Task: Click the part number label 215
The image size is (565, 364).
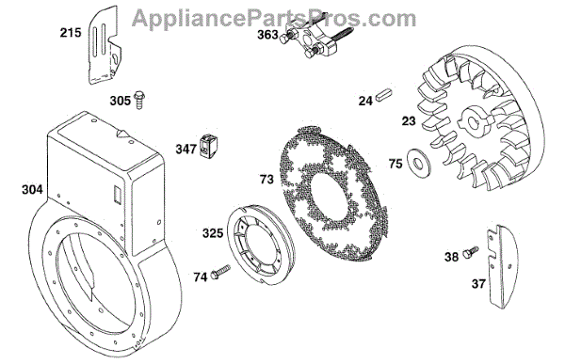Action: pos(71,33)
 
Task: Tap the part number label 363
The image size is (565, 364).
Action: pos(267,35)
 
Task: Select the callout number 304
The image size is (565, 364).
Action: pos(32,189)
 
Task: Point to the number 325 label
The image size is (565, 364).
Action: pos(213,233)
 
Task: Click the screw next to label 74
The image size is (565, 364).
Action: pos(219,272)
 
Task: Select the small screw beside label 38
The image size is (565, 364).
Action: pos(470,251)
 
